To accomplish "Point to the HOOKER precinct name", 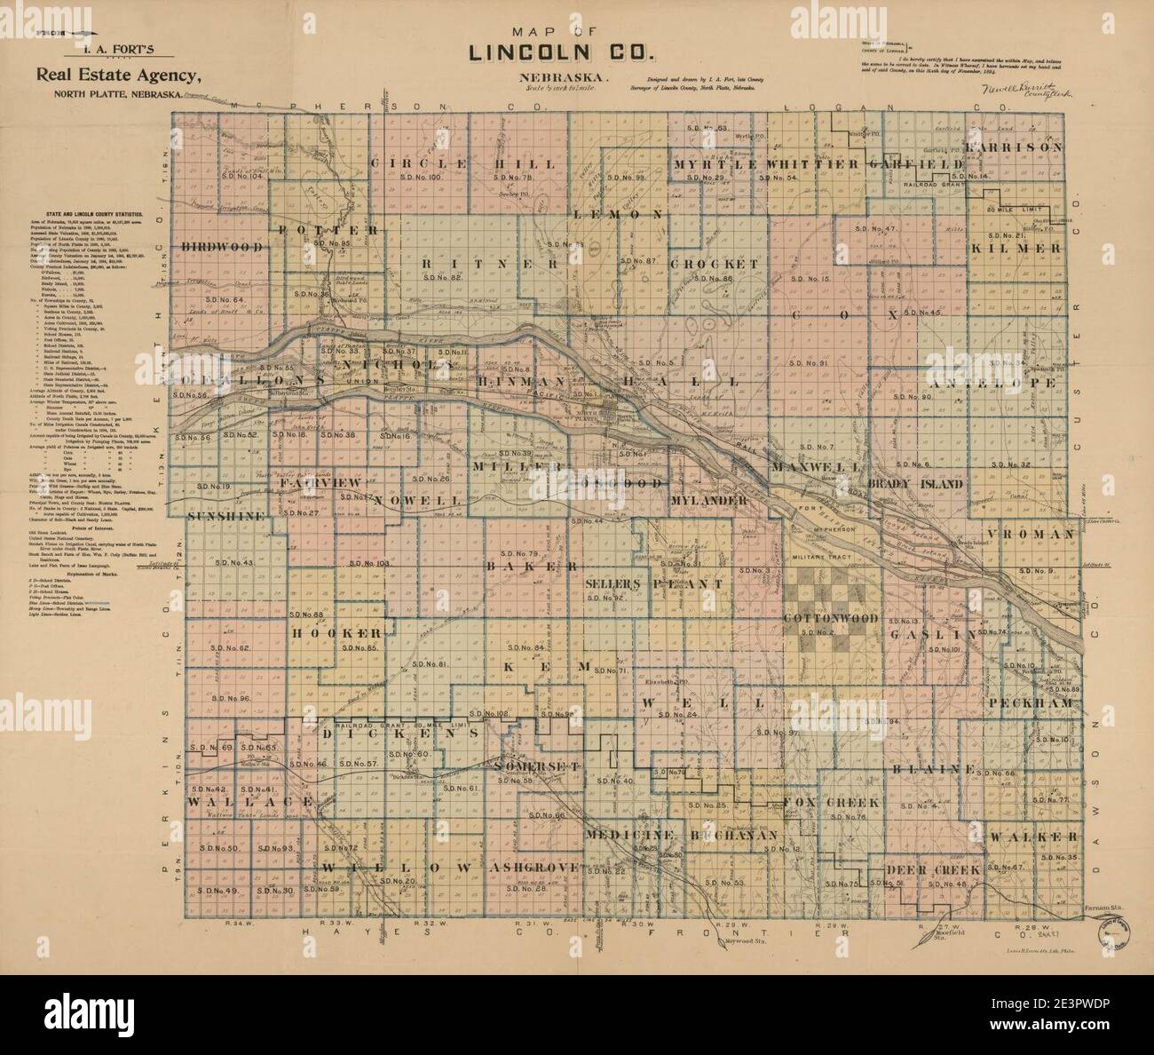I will (x=337, y=633).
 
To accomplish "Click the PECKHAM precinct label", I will (x=1030, y=702).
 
